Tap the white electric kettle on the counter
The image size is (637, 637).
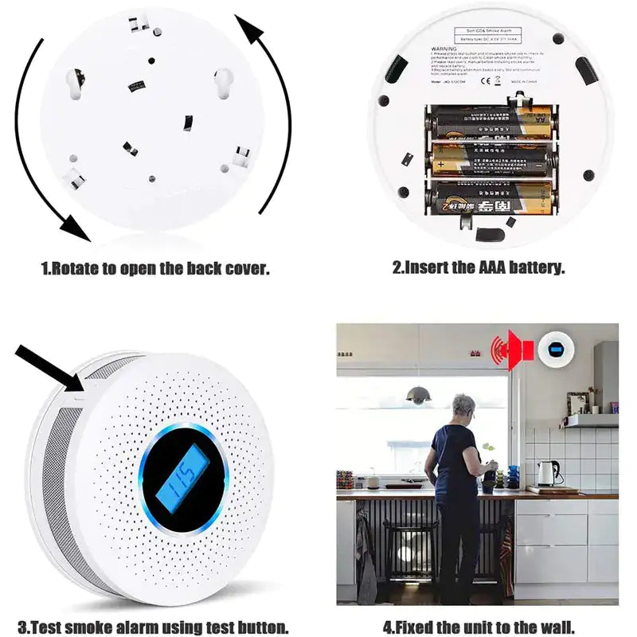click(x=545, y=474)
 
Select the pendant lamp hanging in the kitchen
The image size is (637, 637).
click(x=419, y=394)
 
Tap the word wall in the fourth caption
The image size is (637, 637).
click(x=556, y=627)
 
